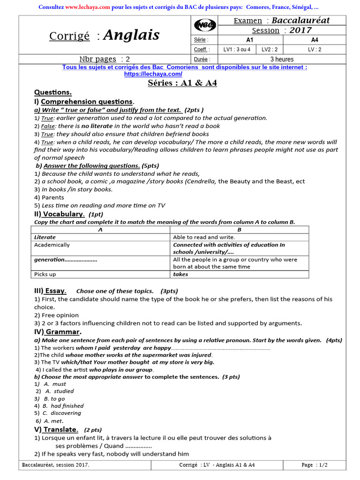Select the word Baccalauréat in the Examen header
coord(300,20)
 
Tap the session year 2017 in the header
coord(300,30)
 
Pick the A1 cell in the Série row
coord(250,40)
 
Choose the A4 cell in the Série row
coord(315,40)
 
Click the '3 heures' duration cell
coord(282,60)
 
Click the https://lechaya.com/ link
coord(153,74)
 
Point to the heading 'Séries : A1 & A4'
coord(182,83)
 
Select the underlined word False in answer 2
coord(48,126)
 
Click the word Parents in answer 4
coord(52,197)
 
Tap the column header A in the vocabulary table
coord(100,230)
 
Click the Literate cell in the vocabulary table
coord(45,237)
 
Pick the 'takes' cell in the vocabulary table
coord(180,274)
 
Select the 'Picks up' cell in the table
coord(45,274)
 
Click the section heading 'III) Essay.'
coord(50,291)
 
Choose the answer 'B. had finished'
coord(63,406)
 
